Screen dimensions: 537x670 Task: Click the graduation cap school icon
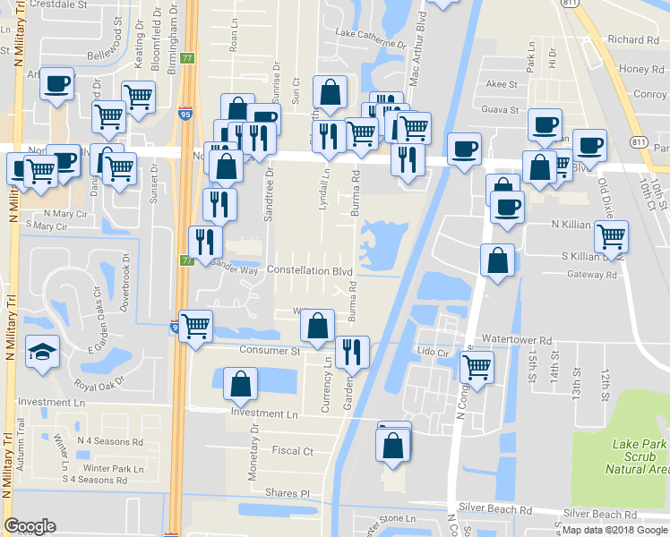click(43, 351)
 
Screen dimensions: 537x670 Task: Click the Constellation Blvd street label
click(309, 271)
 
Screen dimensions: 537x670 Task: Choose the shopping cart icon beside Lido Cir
click(477, 365)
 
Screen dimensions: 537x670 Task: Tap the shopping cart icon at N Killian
click(611, 235)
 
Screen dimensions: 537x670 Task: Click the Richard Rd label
click(632, 39)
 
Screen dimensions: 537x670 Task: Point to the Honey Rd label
click(640, 69)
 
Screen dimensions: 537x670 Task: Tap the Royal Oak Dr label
click(100, 387)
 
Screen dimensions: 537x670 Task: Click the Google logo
click(30, 526)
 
